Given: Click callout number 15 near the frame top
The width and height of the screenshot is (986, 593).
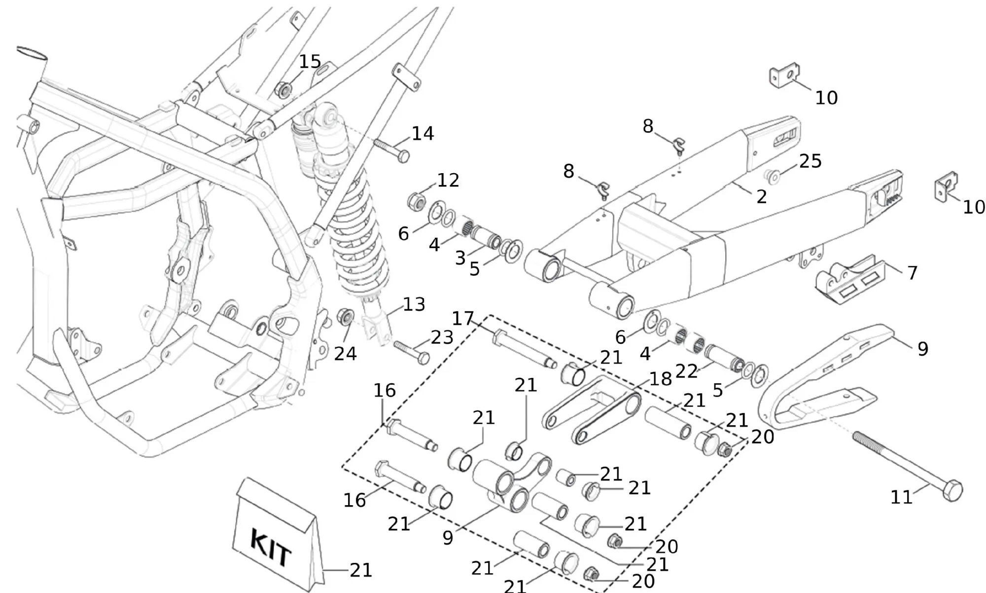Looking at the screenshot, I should click(x=310, y=62).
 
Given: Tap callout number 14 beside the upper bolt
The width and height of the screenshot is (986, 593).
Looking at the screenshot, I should click(x=423, y=134).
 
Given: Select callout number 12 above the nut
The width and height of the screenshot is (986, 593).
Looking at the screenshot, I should click(x=448, y=181).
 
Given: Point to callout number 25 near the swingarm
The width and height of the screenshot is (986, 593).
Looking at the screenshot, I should click(x=810, y=161).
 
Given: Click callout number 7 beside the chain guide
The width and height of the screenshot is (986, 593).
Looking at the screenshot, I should click(x=912, y=273).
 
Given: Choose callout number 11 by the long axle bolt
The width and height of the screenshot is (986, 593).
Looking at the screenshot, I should click(x=901, y=497).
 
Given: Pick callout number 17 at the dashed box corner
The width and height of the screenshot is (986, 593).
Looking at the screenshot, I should click(x=463, y=319).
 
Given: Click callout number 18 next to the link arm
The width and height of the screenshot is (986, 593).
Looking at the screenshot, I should click(x=661, y=379).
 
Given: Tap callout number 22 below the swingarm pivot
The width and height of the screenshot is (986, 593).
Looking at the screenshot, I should click(x=686, y=371).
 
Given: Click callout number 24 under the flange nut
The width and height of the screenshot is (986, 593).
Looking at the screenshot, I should click(x=345, y=354).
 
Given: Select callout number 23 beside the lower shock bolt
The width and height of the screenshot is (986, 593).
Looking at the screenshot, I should click(x=442, y=338).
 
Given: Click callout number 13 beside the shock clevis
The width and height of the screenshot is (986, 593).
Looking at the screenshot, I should click(x=414, y=304).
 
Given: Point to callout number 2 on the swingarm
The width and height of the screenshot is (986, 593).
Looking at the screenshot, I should click(x=762, y=197).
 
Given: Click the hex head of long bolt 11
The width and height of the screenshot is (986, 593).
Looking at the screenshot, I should click(x=953, y=490).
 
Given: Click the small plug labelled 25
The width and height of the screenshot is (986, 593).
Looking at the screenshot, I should click(x=772, y=176).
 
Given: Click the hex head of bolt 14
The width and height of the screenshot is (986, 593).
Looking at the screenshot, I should click(x=403, y=157).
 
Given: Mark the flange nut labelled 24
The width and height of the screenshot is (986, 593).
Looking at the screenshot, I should click(x=345, y=316).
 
